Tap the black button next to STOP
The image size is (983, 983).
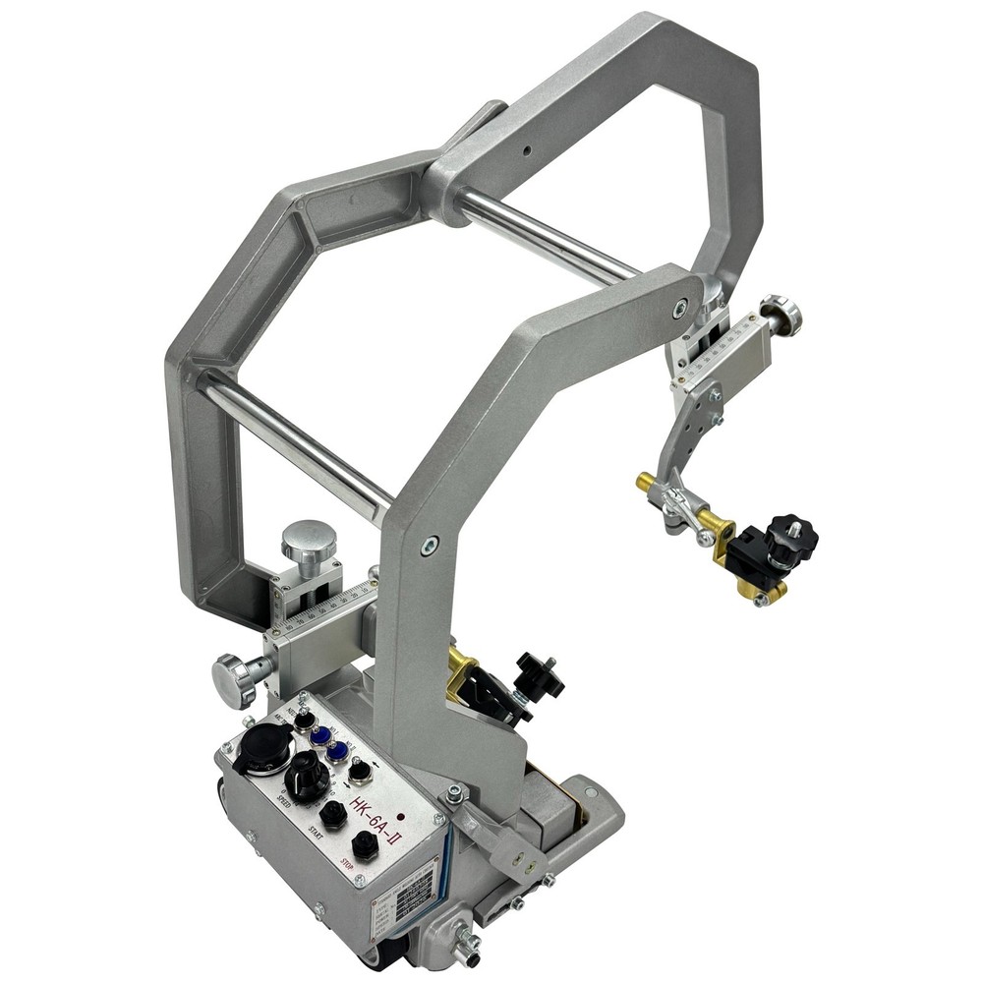click(366, 843)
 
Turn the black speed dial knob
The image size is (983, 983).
click(308, 777)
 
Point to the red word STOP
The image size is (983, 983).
click(345, 866)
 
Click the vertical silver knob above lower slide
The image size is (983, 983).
click(309, 542)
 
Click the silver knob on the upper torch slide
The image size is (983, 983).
click(782, 313)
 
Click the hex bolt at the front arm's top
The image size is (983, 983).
click(679, 308)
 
